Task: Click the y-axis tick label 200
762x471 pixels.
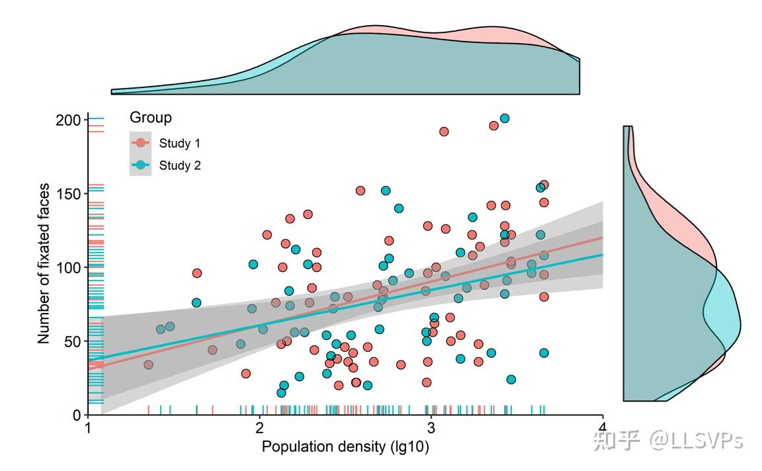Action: tap(68, 120)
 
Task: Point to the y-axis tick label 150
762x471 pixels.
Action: tap(68, 194)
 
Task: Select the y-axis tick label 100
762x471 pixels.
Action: tap(68, 268)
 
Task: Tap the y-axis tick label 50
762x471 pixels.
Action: tap(72, 342)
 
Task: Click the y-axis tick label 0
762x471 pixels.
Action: tap(77, 415)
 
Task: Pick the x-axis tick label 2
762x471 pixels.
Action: tap(259, 428)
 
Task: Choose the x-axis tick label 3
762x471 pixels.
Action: tap(431, 428)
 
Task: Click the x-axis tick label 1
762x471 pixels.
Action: tap(88, 428)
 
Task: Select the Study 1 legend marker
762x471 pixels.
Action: tap(140, 143)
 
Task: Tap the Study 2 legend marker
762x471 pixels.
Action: tap(140, 165)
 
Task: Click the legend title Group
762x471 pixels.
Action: tap(151, 118)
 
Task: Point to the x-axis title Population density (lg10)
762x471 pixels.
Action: tap(345, 447)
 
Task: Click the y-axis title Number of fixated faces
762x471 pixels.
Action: tap(44, 263)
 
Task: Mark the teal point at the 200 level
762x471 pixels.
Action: tap(505, 118)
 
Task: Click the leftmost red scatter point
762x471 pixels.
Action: tap(149, 365)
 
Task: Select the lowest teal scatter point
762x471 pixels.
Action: tap(281, 393)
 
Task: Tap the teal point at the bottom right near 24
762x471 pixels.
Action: tap(511, 380)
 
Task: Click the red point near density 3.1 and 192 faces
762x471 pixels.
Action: tap(444, 132)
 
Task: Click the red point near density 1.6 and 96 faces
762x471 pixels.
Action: tap(197, 273)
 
